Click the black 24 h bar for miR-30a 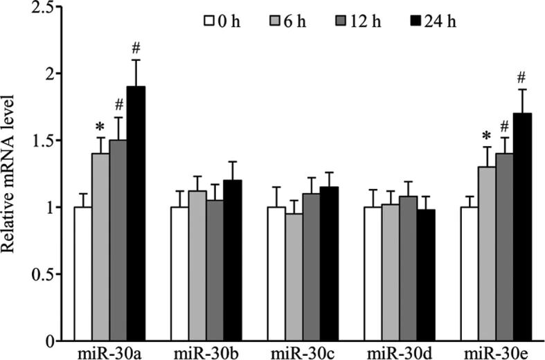(x=136, y=214)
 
